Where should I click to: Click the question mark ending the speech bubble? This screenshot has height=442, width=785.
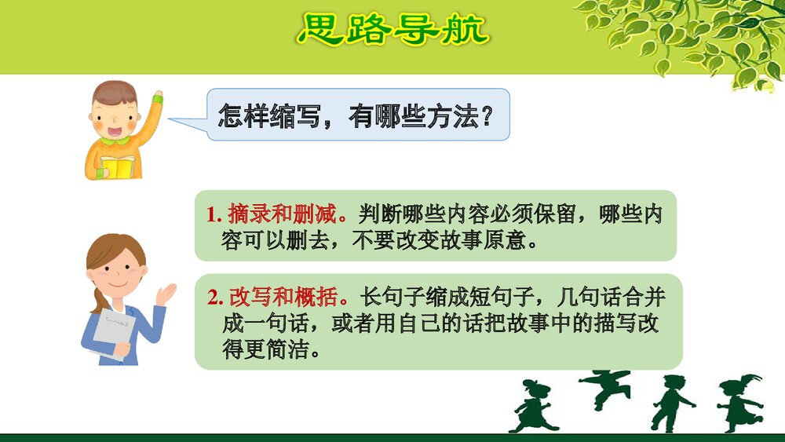tap(487, 118)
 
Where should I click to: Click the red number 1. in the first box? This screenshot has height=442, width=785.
tap(214, 214)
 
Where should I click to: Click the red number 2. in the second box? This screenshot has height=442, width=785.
tap(216, 298)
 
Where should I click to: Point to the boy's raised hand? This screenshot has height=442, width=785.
tap(157, 99)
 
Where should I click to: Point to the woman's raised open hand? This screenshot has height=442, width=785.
tap(166, 294)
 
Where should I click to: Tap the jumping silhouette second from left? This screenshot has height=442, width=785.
tap(605, 389)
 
